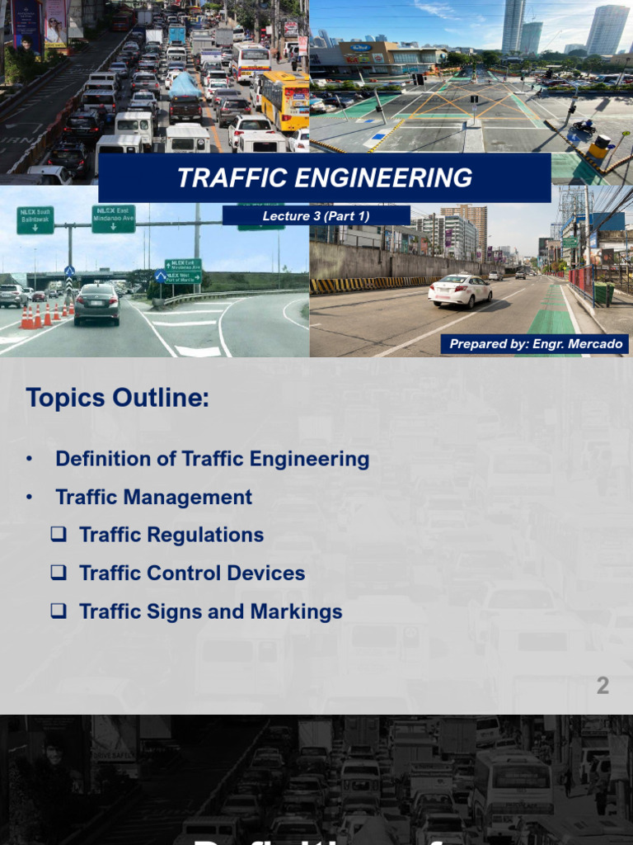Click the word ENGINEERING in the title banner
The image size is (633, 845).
[x=385, y=178]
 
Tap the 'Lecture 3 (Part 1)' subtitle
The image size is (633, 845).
[x=316, y=216]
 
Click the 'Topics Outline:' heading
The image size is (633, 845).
[x=118, y=398]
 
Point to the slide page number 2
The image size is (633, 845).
[x=603, y=686]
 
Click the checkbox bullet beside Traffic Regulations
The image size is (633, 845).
[x=59, y=535]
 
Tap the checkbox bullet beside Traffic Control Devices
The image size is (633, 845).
[x=59, y=573]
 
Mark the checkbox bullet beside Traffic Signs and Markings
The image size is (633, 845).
[x=59, y=611]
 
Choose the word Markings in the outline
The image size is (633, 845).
[x=299, y=611]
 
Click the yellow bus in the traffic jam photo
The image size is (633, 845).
[x=284, y=98]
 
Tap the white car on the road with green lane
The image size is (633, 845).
[x=460, y=290]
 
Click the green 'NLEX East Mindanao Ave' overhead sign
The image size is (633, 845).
[x=113, y=219]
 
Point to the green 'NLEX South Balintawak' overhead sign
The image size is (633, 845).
[x=35, y=220]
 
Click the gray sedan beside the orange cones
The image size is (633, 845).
[x=96, y=304]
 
